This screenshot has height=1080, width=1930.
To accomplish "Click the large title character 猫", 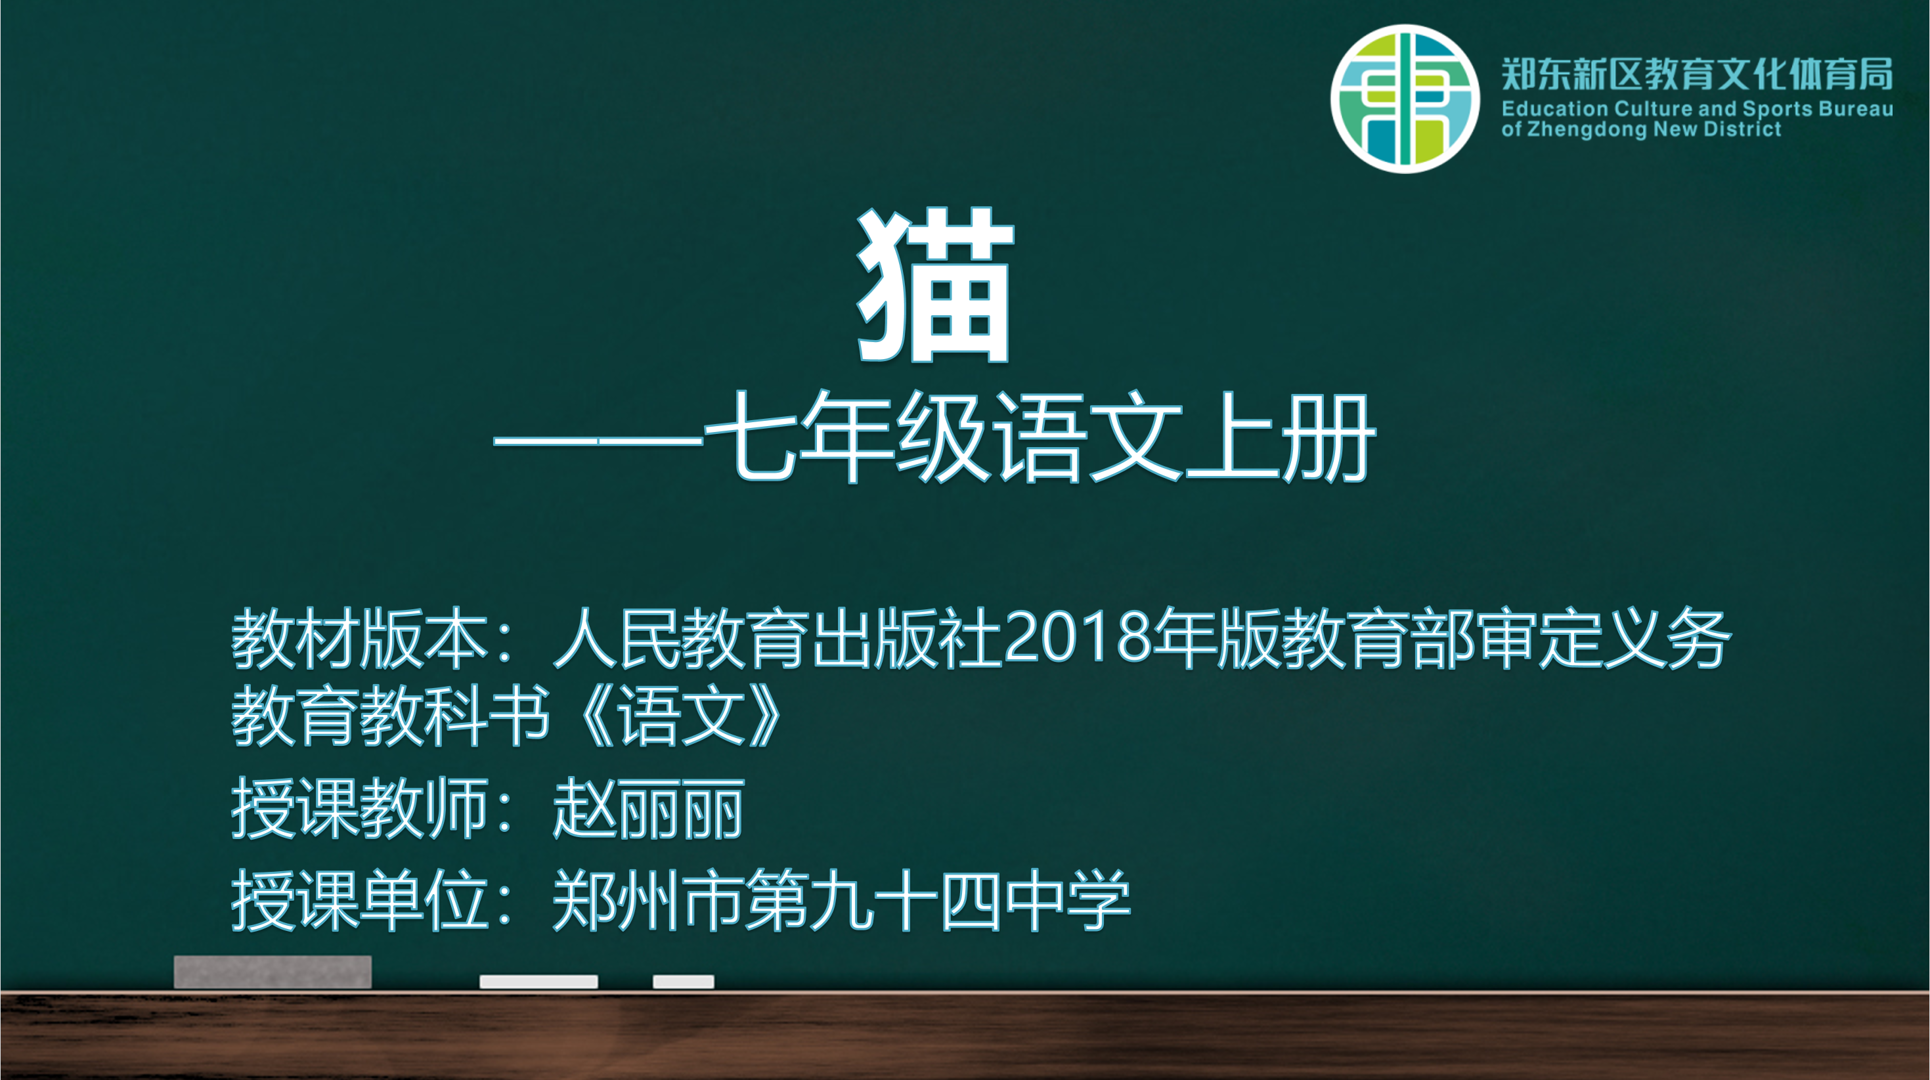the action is click(x=935, y=286).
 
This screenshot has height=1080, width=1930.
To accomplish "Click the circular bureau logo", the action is click(x=1405, y=99).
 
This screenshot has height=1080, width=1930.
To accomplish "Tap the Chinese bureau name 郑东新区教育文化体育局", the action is click(x=1697, y=74).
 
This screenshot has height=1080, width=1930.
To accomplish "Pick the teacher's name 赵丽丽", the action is click(x=648, y=809).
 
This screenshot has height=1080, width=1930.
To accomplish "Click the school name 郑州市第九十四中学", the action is click(x=841, y=900).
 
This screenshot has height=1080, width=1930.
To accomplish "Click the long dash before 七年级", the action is click(x=598, y=441).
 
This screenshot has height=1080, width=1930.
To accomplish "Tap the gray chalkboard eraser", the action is click(x=273, y=972).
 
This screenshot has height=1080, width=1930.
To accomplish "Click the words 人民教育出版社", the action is click(x=778, y=638).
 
